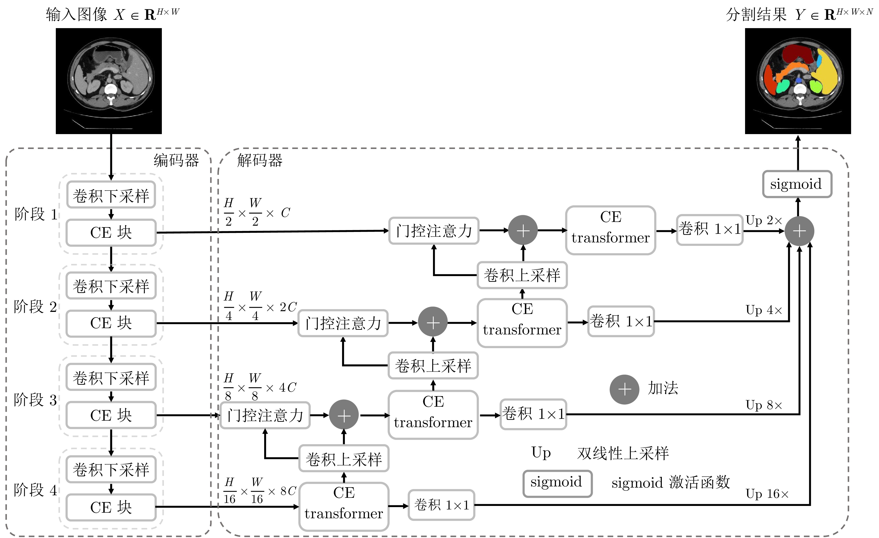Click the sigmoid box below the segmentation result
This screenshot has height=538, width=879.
[797, 184]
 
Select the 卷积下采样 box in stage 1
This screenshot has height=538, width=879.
[111, 195]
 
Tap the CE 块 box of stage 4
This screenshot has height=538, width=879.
[111, 507]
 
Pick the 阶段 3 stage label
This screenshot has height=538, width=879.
[35, 400]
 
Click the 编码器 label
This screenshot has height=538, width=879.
[176, 160]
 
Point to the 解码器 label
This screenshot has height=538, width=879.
[260, 160]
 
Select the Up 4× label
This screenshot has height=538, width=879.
[764, 310]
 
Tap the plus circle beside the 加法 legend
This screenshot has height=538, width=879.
[624, 389]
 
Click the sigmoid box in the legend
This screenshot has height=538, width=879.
[557, 483]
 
